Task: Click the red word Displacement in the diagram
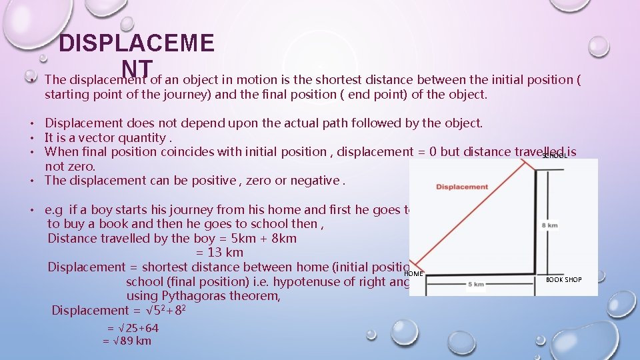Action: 462,187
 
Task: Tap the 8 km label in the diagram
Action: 551,225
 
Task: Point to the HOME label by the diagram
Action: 414,273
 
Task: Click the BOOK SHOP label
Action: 563,280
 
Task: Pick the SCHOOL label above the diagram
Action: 555,155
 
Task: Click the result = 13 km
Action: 219,253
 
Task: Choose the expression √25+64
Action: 136,328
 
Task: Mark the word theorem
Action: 257,295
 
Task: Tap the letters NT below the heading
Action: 138,67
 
